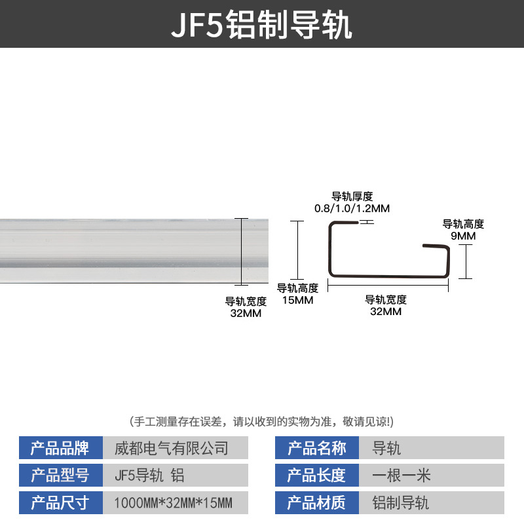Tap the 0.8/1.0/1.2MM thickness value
tap(352, 208)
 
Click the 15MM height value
tap(297, 300)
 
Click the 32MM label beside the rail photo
tap(246, 313)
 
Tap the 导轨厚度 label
tap(352, 196)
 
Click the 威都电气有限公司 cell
tap(176, 448)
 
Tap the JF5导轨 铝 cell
tap(176, 475)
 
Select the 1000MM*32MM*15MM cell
tap(176, 502)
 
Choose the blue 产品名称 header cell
tap(317, 448)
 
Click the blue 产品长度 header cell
tap(317, 475)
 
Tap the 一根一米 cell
tap(432, 475)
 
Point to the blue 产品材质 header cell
tap(317, 502)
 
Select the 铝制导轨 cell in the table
tap(432, 502)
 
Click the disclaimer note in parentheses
tap(262, 421)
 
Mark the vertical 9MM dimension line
tap(466, 261)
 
